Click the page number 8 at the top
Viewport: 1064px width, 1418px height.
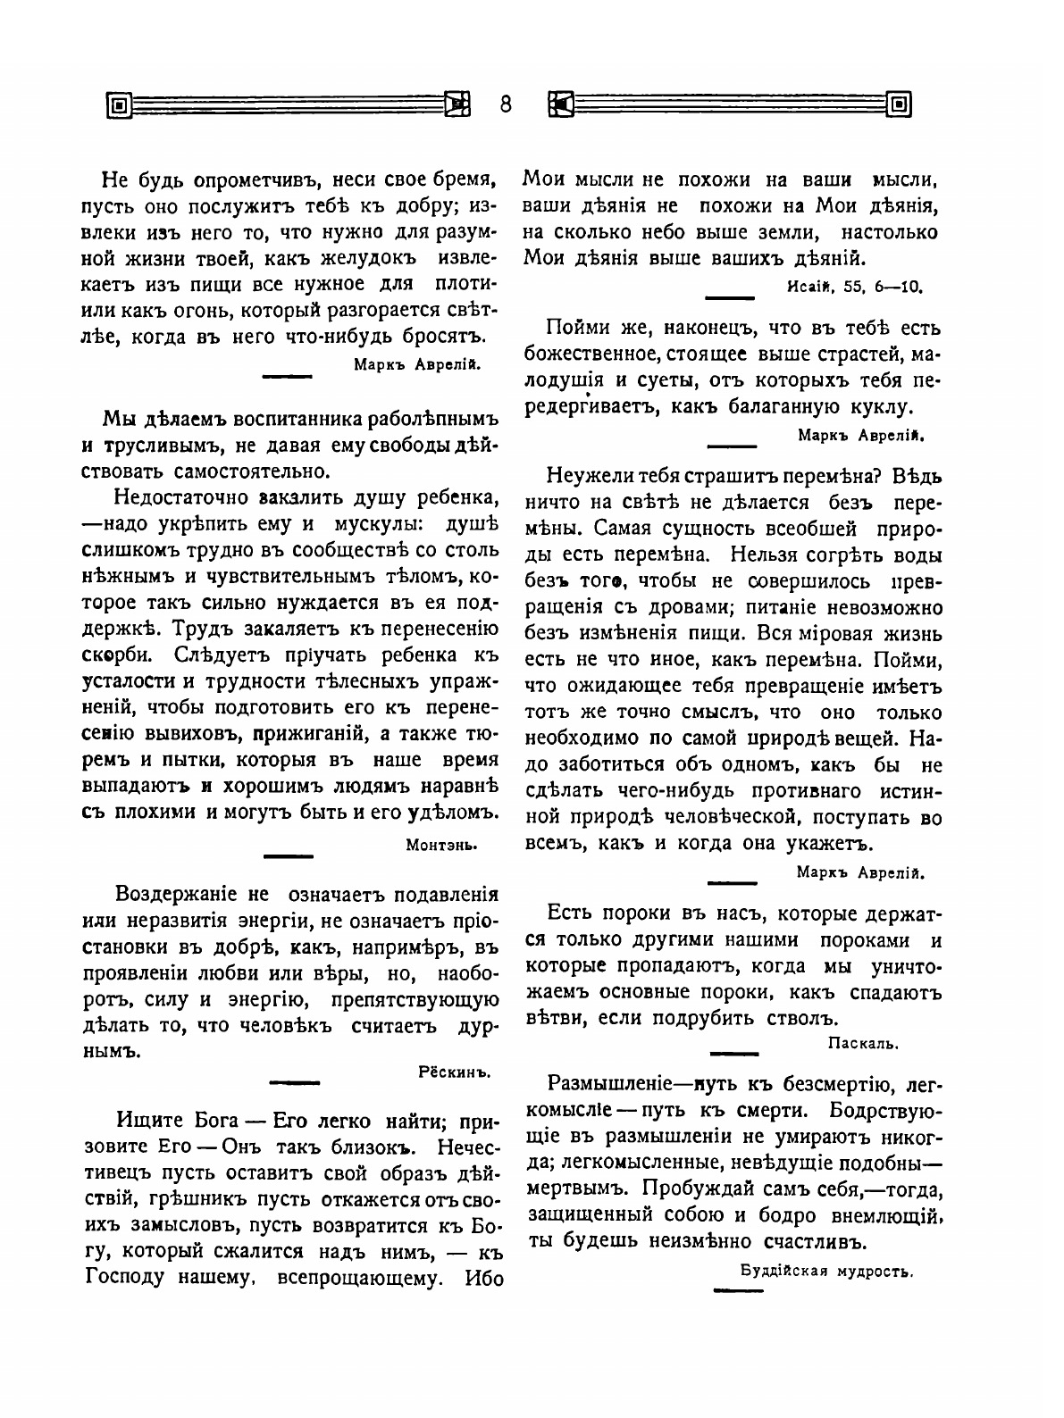point(505,105)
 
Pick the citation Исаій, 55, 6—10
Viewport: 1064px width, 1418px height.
point(855,288)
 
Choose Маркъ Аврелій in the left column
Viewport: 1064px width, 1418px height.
point(417,363)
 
